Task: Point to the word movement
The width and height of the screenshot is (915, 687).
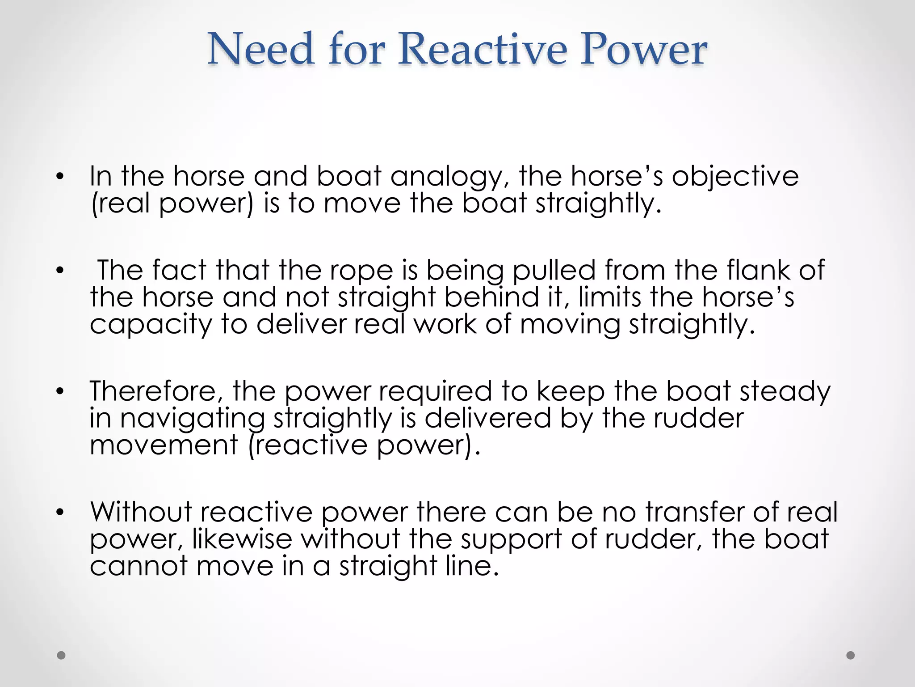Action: pyautogui.click(x=164, y=445)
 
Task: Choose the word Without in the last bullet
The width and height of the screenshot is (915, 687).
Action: pyautogui.click(x=141, y=512)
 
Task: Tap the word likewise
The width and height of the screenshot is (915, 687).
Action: pyautogui.click(x=242, y=539)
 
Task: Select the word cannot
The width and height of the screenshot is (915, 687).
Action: pyautogui.click(x=139, y=566)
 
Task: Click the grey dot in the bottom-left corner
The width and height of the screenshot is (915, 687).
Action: pyautogui.click(x=61, y=655)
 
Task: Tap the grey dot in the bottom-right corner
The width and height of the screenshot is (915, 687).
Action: pyautogui.click(x=851, y=655)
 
